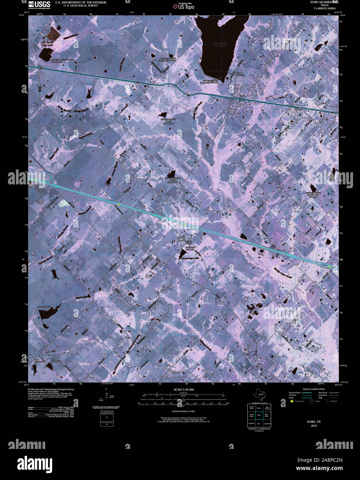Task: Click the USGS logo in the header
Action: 39,4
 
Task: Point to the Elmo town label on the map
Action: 242,97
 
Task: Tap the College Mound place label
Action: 186,239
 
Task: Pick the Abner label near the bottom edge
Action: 176,372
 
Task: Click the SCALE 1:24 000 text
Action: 184,390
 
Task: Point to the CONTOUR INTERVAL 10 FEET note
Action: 183,412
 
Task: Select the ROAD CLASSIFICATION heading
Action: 314,389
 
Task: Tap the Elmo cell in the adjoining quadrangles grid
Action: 259,415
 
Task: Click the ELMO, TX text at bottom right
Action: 314,422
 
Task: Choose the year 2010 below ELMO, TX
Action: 314,425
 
